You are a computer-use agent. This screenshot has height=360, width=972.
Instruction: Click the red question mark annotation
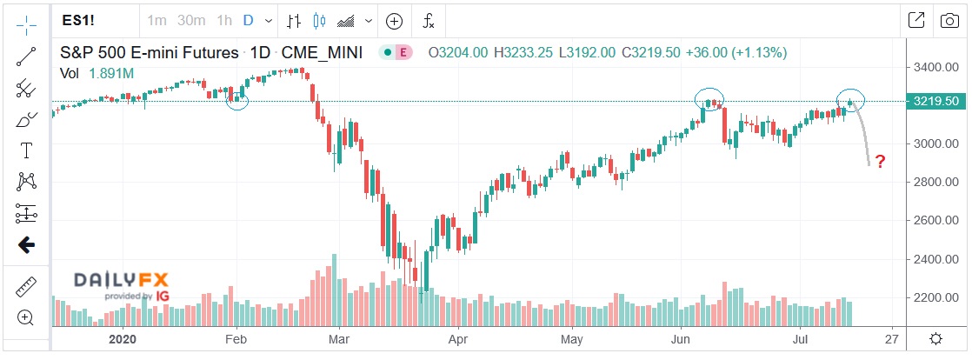click(x=880, y=162)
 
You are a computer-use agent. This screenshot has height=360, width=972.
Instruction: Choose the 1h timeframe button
click(x=223, y=20)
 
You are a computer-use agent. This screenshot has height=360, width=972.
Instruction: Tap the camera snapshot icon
click(x=949, y=20)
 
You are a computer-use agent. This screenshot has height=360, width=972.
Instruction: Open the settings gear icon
click(x=935, y=338)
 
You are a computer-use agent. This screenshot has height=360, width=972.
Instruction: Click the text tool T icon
click(x=26, y=150)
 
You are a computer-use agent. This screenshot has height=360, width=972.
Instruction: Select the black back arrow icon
click(x=26, y=245)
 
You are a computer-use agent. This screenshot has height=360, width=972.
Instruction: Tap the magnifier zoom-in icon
click(x=26, y=317)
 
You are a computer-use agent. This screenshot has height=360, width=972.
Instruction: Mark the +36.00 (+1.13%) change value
click(x=736, y=53)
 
